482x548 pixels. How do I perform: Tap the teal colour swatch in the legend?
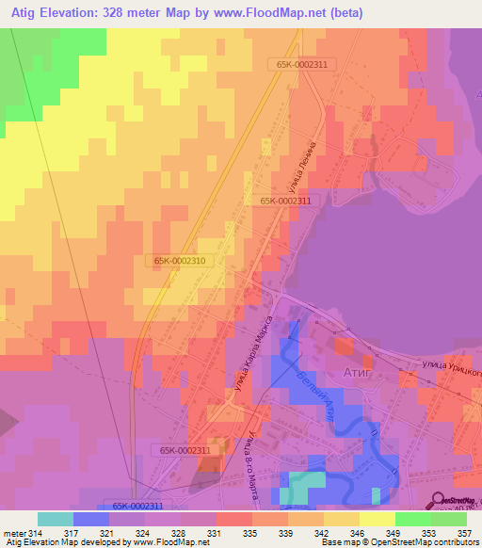pos(55,519)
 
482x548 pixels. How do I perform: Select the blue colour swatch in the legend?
pos(90,519)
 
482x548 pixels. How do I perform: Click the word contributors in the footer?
pos(452,542)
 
